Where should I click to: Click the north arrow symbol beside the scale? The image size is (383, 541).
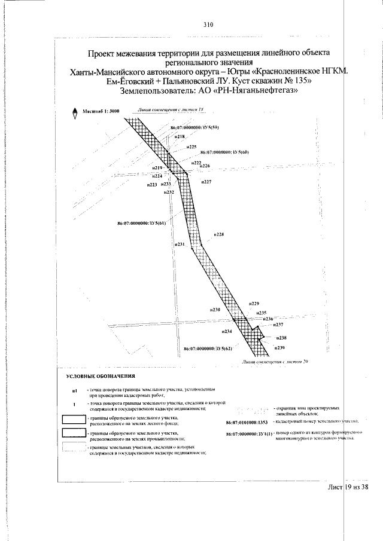coord(75,111)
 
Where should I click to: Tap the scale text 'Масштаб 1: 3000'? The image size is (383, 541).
coord(102,112)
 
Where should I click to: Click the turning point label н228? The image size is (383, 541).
coord(219,235)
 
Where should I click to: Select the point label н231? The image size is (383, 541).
coord(180,244)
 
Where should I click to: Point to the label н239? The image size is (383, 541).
coord(280,348)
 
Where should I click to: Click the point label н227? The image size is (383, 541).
coord(206,181)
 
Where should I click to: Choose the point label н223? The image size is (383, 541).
coord(152,185)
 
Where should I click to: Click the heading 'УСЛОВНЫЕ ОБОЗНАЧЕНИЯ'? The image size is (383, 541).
coord(101,376)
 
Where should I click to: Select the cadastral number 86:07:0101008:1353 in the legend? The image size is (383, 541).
coord(249,422)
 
